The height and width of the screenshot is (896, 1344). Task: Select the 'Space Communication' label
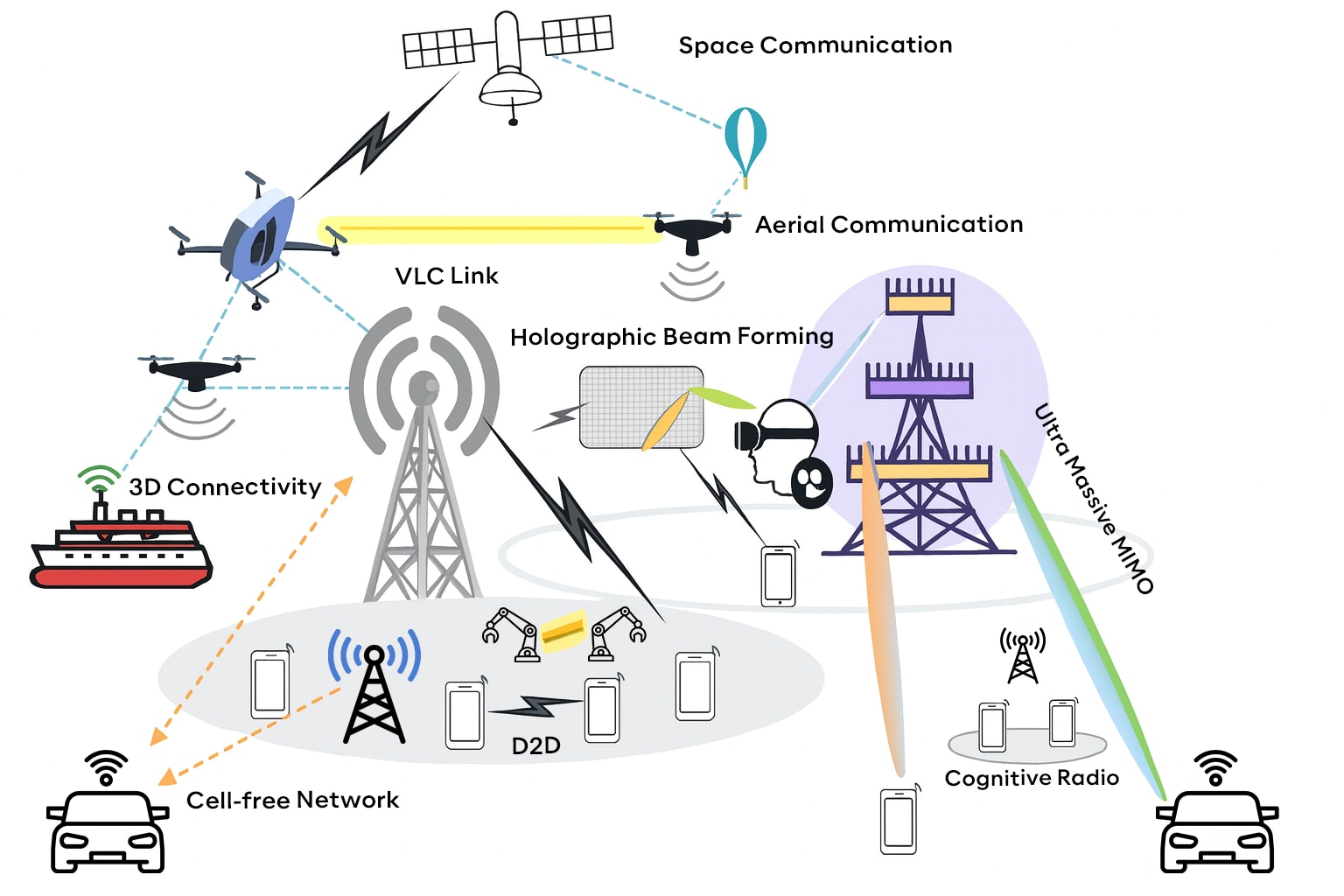pyautogui.click(x=815, y=45)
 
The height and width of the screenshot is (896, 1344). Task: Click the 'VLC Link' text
pyautogui.click(x=446, y=276)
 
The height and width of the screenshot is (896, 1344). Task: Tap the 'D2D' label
pyautogui.click(x=535, y=745)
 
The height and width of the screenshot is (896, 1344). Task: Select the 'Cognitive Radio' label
pyautogui.click(x=1032, y=778)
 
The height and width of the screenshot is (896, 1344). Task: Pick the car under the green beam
pyautogui.click(x=1216, y=828)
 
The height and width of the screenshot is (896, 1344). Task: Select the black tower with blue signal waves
pyautogui.click(x=374, y=691)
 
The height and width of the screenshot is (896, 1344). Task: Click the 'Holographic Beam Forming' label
pyautogui.click(x=671, y=337)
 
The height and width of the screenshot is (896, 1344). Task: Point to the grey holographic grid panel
pyautogui.click(x=640, y=407)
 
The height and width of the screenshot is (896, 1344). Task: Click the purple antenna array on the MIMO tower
pyautogui.click(x=919, y=383)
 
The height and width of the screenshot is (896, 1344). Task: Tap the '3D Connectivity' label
pyautogui.click(x=225, y=486)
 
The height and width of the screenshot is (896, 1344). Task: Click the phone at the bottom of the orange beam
pyautogui.click(x=898, y=821)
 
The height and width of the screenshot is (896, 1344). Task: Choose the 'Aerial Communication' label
pyautogui.click(x=888, y=225)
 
